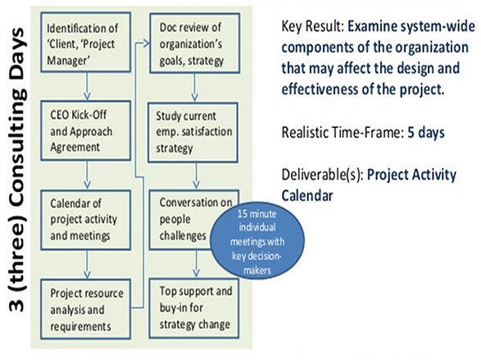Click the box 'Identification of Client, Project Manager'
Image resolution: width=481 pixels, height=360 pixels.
(86, 43)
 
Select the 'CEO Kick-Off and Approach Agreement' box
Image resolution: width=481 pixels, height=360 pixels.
(86, 130)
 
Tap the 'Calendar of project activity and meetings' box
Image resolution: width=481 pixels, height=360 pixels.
(86, 220)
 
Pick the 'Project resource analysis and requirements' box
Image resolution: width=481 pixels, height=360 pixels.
(86, 308)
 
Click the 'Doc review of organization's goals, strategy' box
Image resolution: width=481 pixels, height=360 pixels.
(195, 43)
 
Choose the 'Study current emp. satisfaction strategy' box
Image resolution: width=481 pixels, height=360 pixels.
(193, 133)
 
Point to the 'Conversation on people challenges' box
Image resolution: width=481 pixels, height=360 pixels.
(194, 220)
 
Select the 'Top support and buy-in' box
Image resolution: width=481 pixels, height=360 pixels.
(194, 308)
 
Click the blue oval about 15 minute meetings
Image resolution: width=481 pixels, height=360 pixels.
(257, 241)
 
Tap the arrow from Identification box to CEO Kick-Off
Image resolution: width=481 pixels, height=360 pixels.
(87, 87)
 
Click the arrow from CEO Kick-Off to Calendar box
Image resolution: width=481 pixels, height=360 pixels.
(87, 175)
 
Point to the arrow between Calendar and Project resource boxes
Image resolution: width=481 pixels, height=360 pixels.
(87, 264)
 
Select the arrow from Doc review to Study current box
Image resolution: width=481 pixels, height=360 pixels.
(194, 88)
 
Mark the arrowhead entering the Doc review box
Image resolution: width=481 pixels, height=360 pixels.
(147, 43)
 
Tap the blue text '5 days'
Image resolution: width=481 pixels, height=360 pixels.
(426, 133)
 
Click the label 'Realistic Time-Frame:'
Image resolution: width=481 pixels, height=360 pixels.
(342, 133)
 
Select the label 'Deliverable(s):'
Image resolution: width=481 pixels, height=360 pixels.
(322, 175)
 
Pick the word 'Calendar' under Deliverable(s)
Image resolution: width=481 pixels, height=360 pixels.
(307, 195)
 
